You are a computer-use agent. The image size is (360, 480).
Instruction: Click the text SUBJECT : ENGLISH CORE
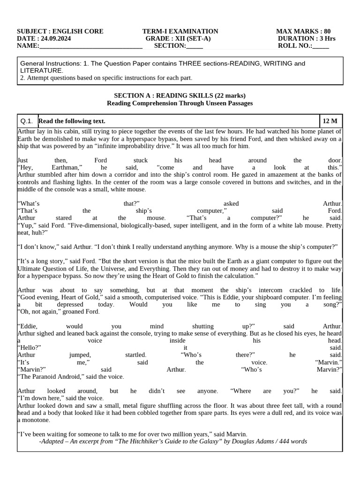click(x=60, y=31)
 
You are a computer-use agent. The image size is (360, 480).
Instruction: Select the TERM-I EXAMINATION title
click(x=180, y=31)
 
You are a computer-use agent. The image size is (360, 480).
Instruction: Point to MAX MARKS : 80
click(x=303, y=31)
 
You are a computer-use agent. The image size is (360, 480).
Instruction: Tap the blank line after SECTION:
click(x=195, y=46)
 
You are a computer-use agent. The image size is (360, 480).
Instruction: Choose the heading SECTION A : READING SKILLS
click(x=180, y=96)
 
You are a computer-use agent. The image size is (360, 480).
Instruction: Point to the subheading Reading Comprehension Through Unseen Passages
click(x=180, y=103)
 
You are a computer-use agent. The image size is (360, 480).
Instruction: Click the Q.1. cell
click(x=27, y=121)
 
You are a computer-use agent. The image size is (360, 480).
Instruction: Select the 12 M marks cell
click(x=330, y=121)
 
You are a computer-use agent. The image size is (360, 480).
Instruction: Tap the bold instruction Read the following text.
click(x=72, y=121)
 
